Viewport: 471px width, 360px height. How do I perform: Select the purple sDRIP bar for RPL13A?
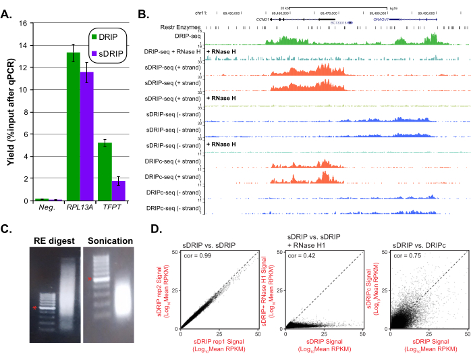[x=86, y=136]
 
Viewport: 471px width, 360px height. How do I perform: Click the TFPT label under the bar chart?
[x=111, y=209]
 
